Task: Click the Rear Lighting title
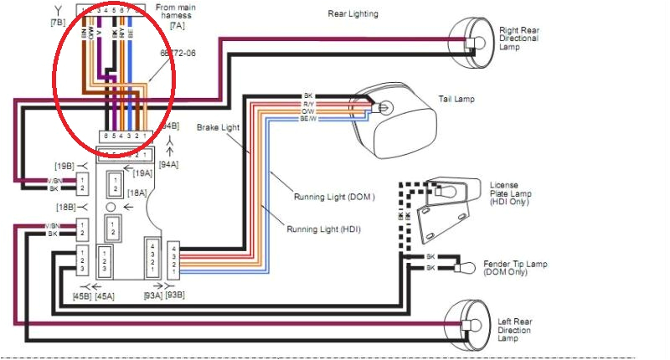tap(352, 13)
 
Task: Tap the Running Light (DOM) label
tap(333, 197)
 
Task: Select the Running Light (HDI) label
tap(323, 229)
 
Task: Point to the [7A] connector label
tap(177, 25)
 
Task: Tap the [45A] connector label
tap(105, 295)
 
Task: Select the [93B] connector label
tap(174, 295)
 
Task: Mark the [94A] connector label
tap(168, 165)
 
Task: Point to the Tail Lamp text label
tap(456, 99)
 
